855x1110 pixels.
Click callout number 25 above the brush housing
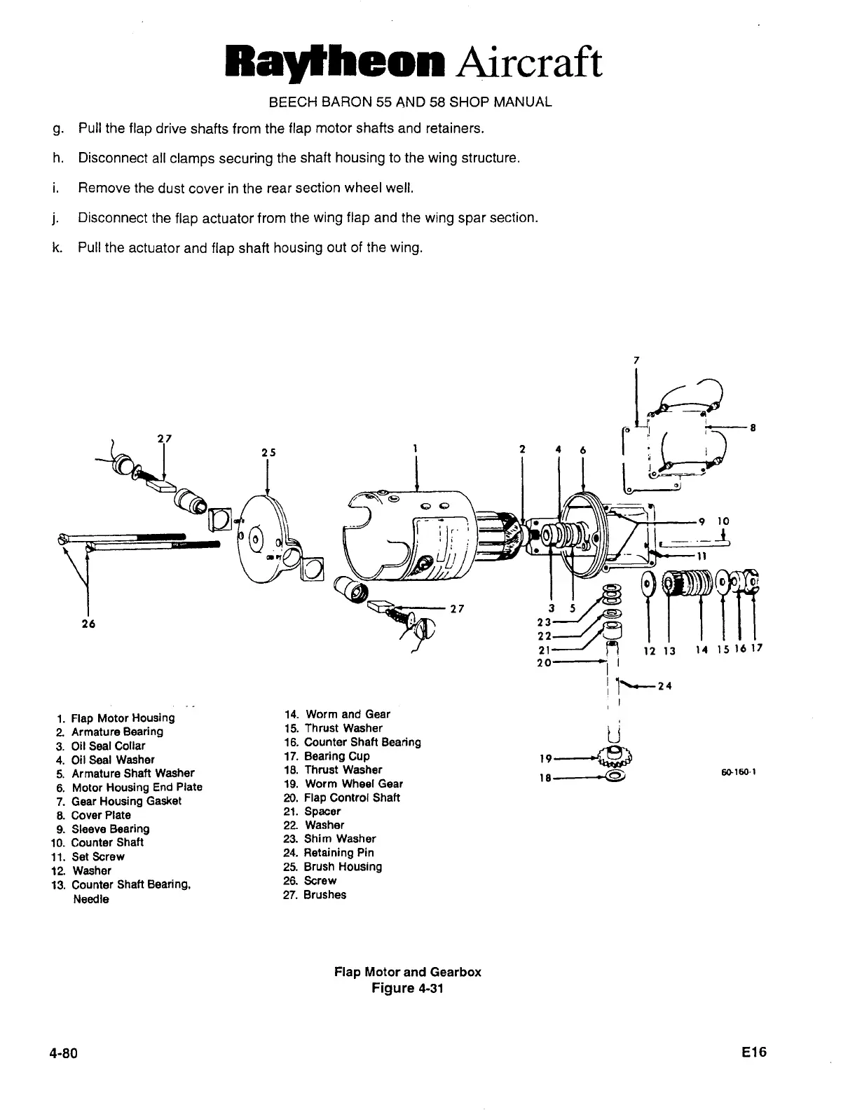click(268, 453)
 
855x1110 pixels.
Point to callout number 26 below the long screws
click(88, 624)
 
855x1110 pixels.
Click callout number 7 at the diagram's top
click(636, 359)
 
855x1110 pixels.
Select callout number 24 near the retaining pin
click(665, 686)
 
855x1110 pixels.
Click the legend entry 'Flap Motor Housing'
click(123, 718)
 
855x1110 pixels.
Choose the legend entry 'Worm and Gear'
click(348, 714)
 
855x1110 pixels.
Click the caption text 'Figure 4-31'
click(407, 988)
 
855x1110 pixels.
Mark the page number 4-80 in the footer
click(62, 1053)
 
